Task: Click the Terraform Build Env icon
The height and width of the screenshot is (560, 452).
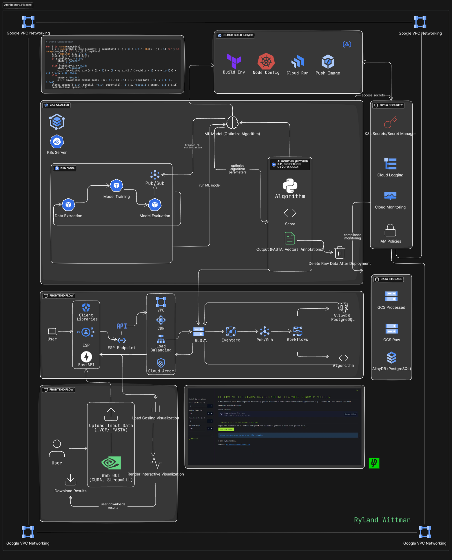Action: tap(234, 61)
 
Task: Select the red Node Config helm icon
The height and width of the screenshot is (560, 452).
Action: tap(266, 61)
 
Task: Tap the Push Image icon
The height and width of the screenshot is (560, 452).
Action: tap(328, 62)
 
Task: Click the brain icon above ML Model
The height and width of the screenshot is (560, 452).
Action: tap(232, 123)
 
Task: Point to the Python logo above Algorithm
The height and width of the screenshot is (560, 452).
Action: tap(290, 186)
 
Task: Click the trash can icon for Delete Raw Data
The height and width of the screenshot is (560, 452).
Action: tap(340, 253)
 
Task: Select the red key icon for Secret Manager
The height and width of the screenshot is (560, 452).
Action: tap(390, 122)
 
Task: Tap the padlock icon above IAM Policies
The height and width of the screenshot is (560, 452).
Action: tap(390, 230)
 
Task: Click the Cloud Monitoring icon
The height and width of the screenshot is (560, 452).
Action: tap(390, 196)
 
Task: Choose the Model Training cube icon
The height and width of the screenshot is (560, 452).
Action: tap(116, 186)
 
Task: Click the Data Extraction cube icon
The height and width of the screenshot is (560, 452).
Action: tap(68, 205)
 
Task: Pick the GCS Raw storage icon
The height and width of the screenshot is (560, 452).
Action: tap(391, 329)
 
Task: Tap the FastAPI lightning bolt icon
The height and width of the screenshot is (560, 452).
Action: tap(86, 357)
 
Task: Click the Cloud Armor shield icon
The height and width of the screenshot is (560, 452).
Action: tap(161, 363)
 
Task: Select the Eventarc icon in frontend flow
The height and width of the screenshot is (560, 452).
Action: tap(231, 331)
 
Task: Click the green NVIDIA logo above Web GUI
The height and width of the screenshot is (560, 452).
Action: tap(111, 463)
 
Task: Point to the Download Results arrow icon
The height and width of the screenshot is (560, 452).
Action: tap(70, 479)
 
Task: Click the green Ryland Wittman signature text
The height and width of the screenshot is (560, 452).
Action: tap(382, 520)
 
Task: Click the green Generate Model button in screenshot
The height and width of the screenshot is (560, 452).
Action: tap(226, 429)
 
